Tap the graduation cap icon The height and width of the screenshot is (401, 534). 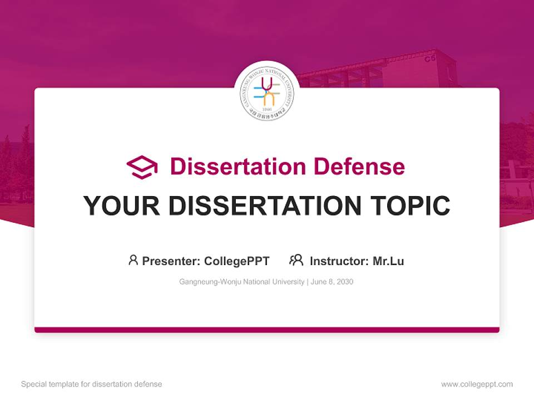click(x=142, y=167)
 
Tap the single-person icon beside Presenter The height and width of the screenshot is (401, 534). click(x=133, y=260)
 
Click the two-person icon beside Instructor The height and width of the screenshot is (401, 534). click(x=296, y=260)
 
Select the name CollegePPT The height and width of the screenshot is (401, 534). click(x=237, y=261)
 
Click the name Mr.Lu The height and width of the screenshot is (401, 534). click(x=388, y=261)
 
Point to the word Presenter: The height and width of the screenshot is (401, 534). click(x=171, y=261)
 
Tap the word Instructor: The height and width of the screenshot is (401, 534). click(x=339, y=261)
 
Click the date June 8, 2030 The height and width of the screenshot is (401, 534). click(x=332, y=282)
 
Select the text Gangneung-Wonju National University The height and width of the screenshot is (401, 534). click(x=241, y=282)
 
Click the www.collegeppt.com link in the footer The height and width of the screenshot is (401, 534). click(x=477, y=384)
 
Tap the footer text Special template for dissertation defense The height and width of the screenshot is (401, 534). click(x=92, y=384)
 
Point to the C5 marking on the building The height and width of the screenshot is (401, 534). click(x=429, y=58)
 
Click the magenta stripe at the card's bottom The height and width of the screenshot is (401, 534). click(x=267, y=330)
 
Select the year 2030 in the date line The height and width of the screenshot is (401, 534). click(x=345, y=282)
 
